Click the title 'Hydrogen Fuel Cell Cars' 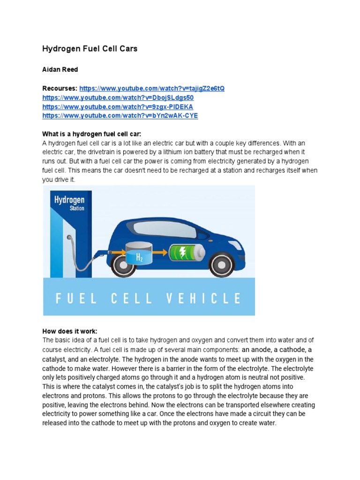pos(90,49)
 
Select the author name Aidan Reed pos(60,69)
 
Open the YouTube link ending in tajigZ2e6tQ pos(152,89)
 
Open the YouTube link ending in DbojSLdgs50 pos(118,97)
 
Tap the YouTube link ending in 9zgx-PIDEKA pos(118,107)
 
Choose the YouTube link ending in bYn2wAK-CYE pos(120,116)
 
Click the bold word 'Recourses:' pos(60,89)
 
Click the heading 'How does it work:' pos(69,331)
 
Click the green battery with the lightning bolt pos(187,253)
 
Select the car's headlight pos(240,244)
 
